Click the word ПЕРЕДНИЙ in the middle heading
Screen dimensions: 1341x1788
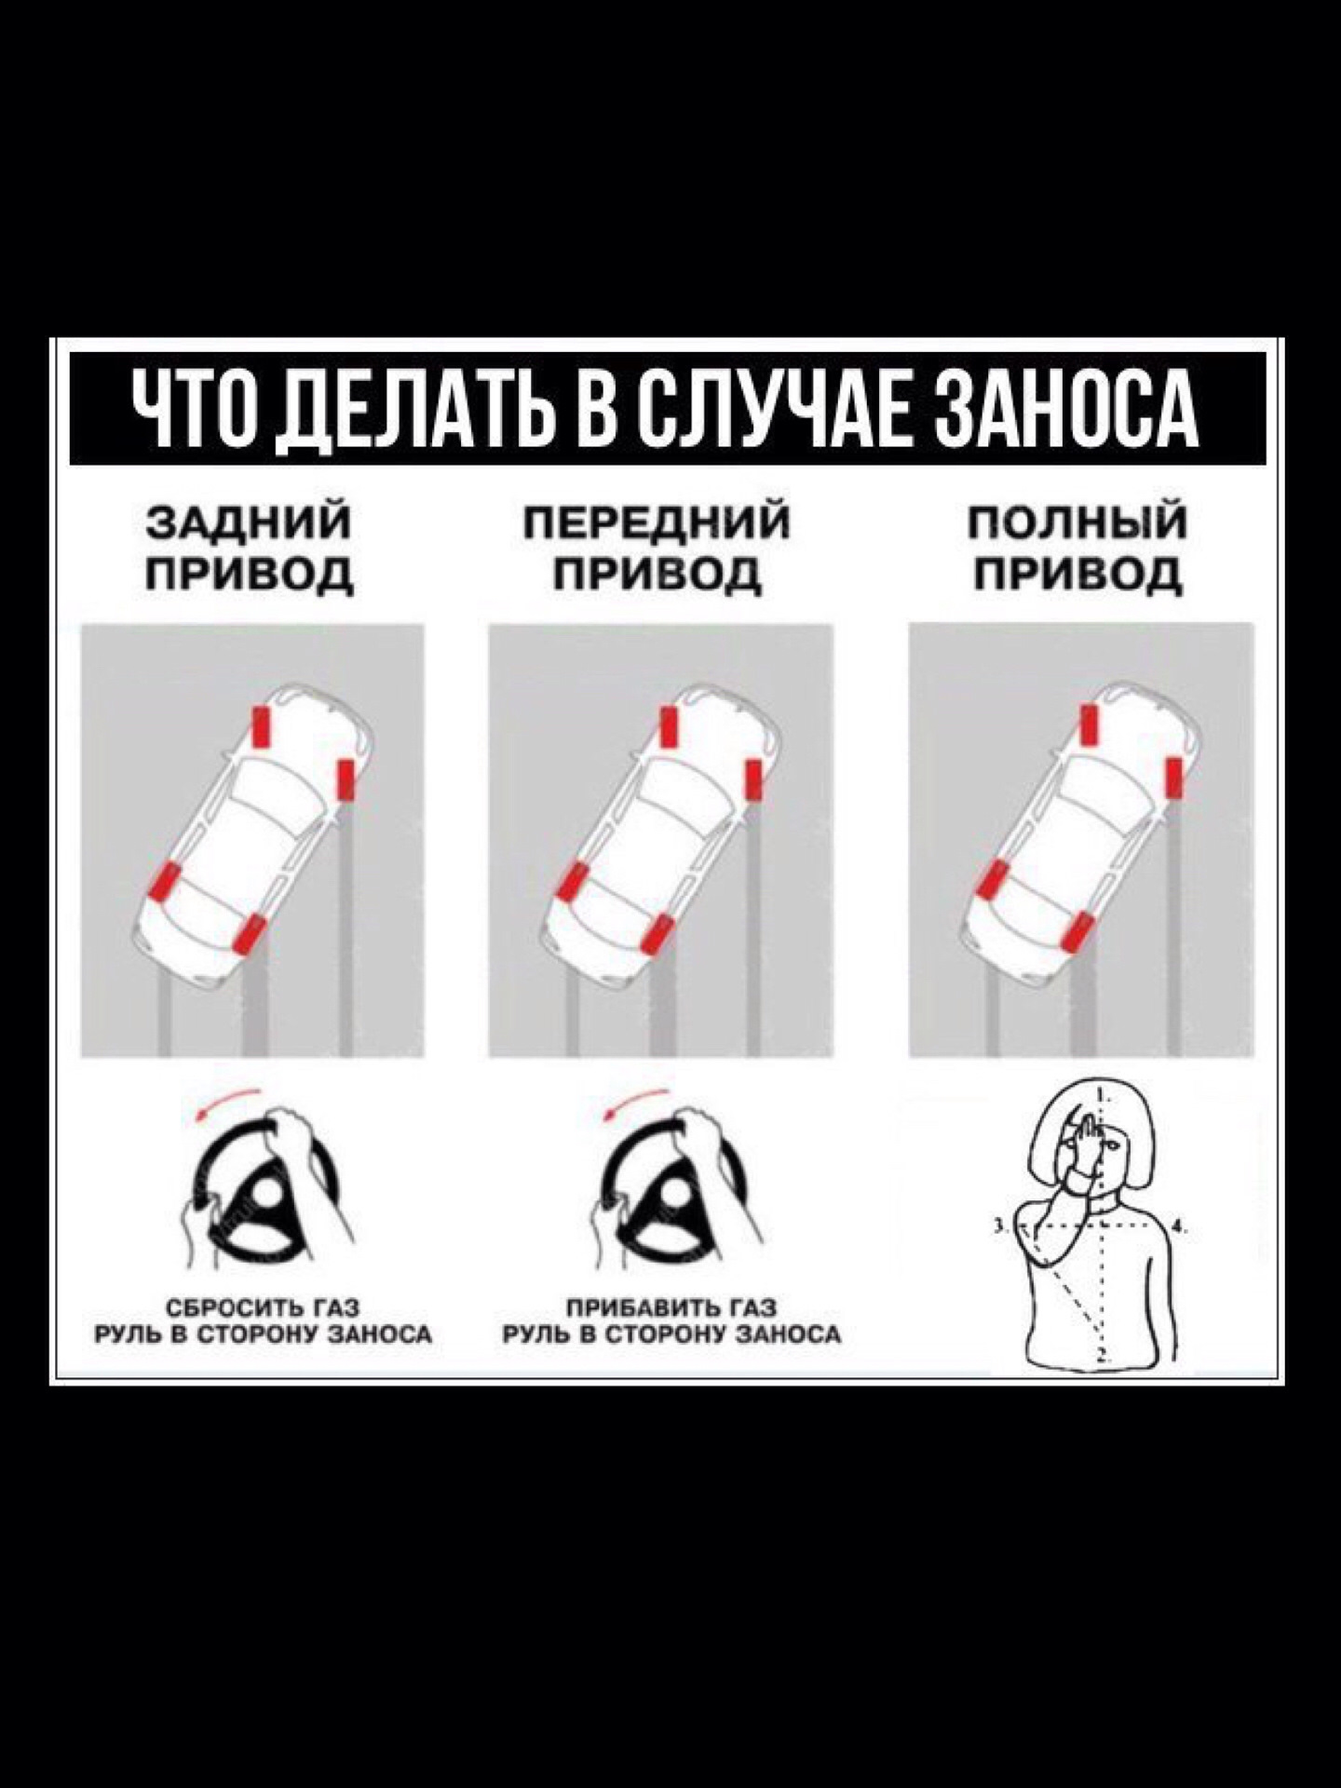click(659, 523)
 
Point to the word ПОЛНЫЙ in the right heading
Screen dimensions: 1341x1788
click(1078, 523)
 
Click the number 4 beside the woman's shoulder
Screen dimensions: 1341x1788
click(1178, 1226)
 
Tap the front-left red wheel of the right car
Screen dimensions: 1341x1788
click(1087, 726)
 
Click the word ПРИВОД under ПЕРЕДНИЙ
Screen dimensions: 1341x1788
click(659, 574)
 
